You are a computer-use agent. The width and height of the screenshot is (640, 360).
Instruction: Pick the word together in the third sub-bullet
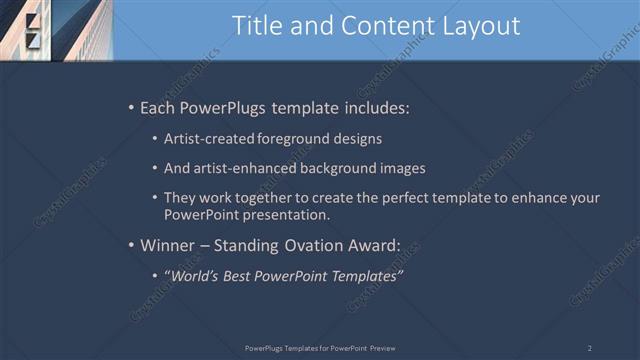[x=266, y=198]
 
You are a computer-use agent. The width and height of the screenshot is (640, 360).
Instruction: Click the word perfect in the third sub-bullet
[x=394, y=198]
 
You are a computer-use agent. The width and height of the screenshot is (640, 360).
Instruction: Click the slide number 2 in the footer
[x=590, y=348]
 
